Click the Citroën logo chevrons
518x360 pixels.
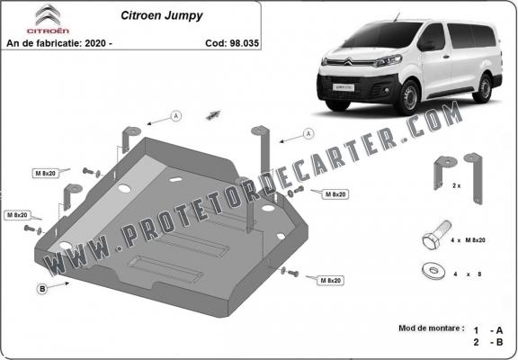click(x=49, y=14)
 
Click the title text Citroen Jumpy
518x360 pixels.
click(x=162, y=15)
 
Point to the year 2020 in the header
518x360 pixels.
click(x=95, y=43)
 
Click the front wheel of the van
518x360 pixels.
click(x=410, y=97)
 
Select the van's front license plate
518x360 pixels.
click(x=344, y=87)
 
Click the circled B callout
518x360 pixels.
click(x=42, y=289)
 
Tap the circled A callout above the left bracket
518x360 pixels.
click(x=176, y=116)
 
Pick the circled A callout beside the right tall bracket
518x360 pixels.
click(x=308, y=134)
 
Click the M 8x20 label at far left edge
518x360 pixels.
click(x=17, y=215)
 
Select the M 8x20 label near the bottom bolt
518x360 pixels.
click(x=330, y=280)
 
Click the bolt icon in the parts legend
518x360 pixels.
click(x=436, y=235)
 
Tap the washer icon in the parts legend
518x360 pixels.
click(x=433, y=271)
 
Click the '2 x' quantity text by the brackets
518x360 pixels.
click(x=457, y=185)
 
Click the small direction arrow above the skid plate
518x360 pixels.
click(x=213, y=114)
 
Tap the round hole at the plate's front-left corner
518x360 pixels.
click(x=66, y=246)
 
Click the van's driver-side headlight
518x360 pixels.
click(x=388, y=61)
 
